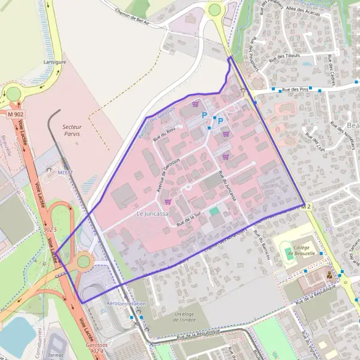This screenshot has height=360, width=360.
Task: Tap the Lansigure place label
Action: [55, 62]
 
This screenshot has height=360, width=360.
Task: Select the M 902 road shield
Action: [16, 113]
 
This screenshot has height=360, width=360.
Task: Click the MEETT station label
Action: [65, 172]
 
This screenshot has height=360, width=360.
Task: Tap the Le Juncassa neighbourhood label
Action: [152, 214]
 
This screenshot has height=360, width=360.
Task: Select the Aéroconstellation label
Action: [126, 304]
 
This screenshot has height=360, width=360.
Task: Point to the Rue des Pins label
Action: [295, 89]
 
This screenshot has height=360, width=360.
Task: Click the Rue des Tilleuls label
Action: [284, 56]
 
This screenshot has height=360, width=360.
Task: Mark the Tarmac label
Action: [60, 346]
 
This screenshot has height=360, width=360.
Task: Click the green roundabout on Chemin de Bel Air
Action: [214, 9]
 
